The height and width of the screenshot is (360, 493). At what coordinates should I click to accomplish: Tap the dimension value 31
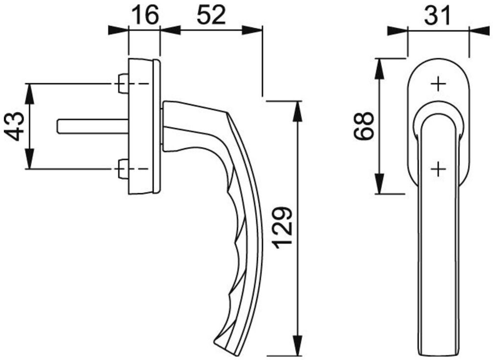[x=437, y=15]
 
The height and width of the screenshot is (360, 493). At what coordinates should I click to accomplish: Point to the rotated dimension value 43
[x=15, y=126]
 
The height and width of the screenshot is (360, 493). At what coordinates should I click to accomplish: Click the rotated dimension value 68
[x=363, y=126]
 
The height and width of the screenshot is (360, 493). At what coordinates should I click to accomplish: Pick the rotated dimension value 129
[x=284, y=227]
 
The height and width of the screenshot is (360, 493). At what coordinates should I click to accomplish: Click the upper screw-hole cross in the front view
[x=438, y=84]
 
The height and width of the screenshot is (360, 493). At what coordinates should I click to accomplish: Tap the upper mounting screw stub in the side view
[x=123, y=84]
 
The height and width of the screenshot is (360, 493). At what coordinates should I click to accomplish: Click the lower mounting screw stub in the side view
[x=123, y=169]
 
